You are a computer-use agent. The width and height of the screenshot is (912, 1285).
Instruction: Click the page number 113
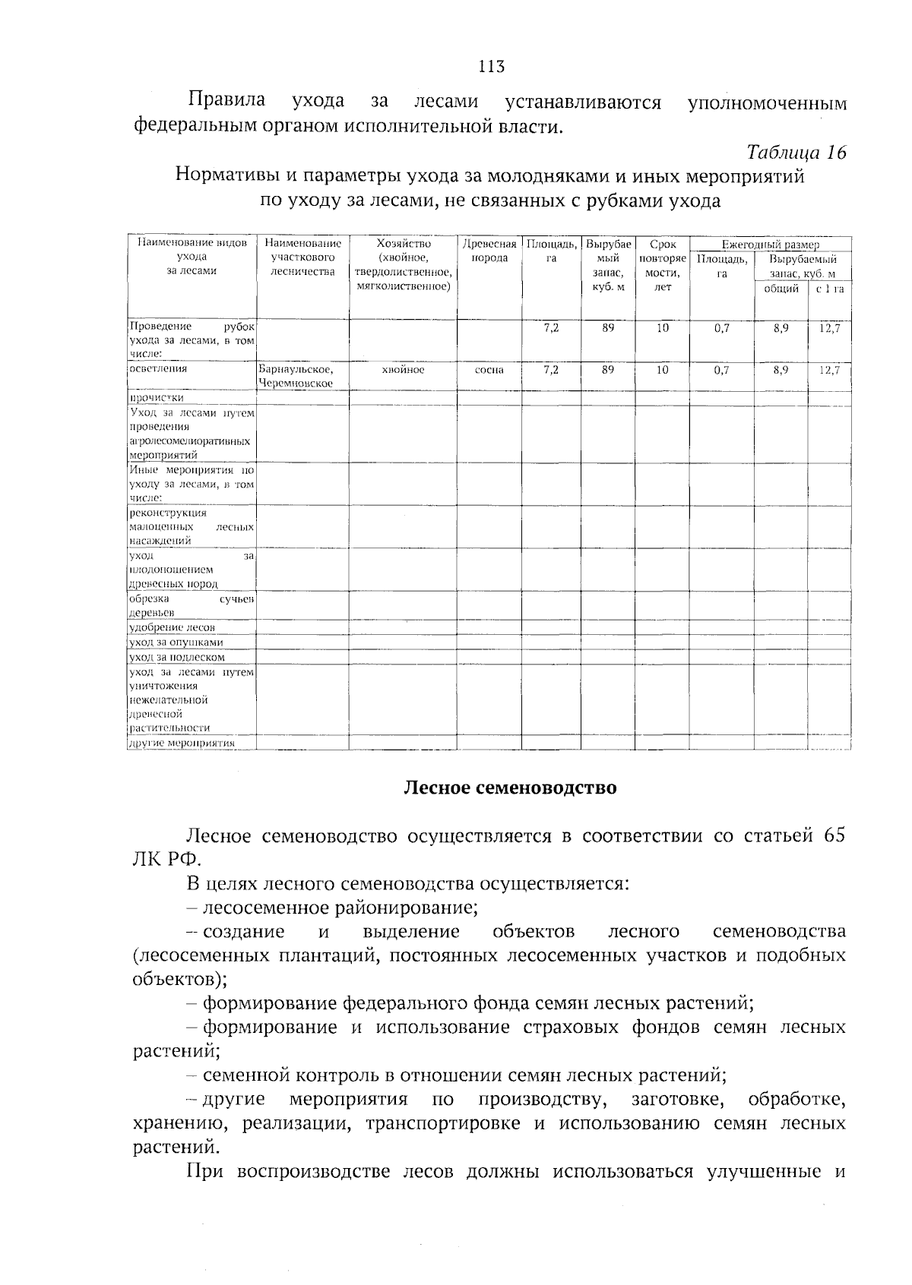pos(492,66)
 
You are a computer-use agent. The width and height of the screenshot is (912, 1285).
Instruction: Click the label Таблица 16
pos(796,152)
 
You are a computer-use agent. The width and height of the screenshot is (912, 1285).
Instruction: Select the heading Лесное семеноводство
pos(509,787)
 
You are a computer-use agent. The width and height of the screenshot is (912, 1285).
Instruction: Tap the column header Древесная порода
pos(489,251)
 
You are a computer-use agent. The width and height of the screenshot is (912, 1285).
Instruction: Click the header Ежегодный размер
pos(770,245)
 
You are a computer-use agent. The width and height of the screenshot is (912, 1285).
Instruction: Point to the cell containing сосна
pos(489,370)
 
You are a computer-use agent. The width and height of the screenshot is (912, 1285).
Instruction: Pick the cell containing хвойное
pos(403,370)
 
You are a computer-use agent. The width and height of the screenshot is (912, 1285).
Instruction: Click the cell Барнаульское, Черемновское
pos(296,376)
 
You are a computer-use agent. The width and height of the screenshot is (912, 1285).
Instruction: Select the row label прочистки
pos(157,397)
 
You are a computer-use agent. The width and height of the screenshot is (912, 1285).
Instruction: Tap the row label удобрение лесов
pos(173,627)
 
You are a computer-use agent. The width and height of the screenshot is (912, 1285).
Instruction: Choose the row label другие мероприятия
pos(182,743)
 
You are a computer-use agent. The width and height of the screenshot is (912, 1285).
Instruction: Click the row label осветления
pos(158,368)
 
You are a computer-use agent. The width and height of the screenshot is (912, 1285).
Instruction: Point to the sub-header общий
pos(781,289)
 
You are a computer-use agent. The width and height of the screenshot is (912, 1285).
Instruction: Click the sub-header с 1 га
pos(829,289)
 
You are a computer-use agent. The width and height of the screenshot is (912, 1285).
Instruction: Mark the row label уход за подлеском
pos(176,657)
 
